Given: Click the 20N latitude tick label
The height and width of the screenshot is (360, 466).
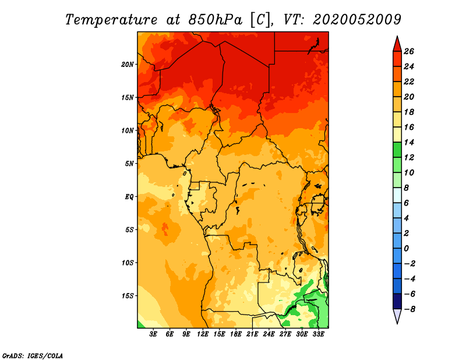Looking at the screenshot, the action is pos(128,65).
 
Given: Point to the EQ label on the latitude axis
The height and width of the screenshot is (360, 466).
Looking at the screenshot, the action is pos(129,197).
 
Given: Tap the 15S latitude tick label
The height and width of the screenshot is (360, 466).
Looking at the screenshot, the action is pos(128,296).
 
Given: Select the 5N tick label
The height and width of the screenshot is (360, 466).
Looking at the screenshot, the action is pos(129,164).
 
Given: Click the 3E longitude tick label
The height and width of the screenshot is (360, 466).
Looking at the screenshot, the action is pos(153,334).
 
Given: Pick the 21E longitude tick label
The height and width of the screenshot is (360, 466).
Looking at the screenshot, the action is pos(252,334).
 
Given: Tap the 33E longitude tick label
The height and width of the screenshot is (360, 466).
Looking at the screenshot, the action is pos(318,334).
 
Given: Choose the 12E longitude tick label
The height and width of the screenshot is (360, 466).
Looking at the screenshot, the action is pos(203,334).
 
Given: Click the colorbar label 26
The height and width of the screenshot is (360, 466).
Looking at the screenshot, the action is pos(409,51).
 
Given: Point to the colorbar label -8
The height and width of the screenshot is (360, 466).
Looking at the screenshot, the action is pos(409,309).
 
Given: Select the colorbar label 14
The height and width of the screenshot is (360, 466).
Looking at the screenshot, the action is pos(409,142).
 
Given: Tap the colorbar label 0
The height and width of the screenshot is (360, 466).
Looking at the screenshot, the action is pos(406,249).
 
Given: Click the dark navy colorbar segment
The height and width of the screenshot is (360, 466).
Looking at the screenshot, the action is pos(397,301).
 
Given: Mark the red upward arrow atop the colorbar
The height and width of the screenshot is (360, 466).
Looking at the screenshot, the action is pos(397,44).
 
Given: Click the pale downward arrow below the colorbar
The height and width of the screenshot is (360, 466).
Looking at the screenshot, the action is pos(397,316).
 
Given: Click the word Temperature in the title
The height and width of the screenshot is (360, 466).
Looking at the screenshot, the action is pos(111,20).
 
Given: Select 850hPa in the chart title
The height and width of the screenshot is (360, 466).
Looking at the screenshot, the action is pos(216,20).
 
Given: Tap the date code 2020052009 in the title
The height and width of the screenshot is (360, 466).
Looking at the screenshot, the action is pos(357,20).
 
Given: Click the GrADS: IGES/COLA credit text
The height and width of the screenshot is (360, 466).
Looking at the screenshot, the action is pos(33,356).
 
